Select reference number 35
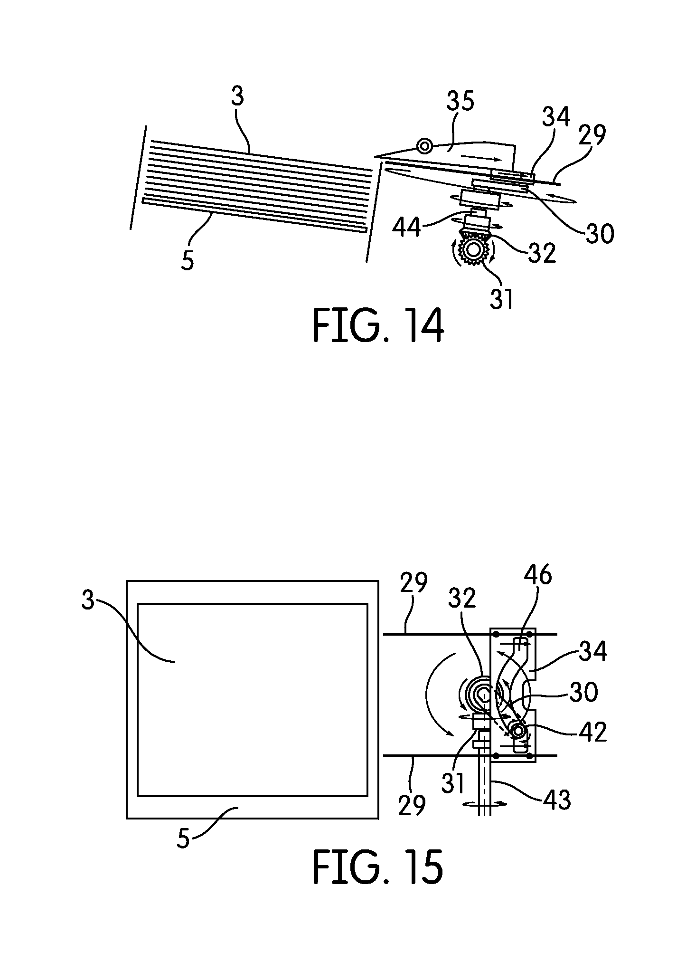(x=460, y=102)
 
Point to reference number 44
(x=406, y=228)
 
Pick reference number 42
(x=592, y=733)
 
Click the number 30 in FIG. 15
(x=583, y=692)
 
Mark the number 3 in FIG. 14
(x=237, y=96)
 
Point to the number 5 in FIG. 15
(x=183, y=839)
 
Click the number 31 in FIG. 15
(x=453, y=781)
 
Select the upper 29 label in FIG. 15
(x=413, y=583)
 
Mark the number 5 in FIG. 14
(x=188, y=261)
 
